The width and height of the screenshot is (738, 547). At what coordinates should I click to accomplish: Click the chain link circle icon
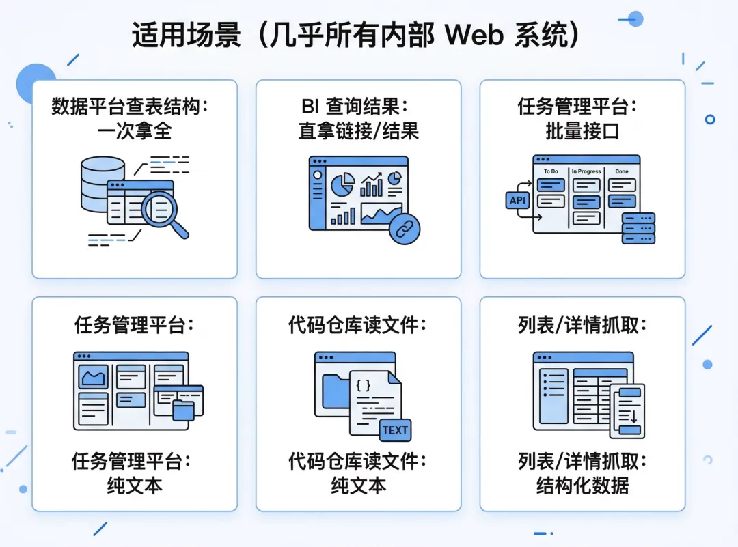[x=404, y=229]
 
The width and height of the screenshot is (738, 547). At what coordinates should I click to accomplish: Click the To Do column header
[x=551, y=172]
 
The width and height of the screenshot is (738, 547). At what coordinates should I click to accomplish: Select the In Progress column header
[x=586, y=172]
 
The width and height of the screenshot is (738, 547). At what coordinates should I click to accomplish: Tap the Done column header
[x=622, y=172]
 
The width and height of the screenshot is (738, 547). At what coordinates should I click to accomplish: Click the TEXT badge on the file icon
[x=395, y=430]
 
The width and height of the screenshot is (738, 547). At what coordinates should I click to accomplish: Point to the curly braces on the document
[x=364, y=385]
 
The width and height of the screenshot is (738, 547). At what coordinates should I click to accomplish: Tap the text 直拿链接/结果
[x=359, y=130]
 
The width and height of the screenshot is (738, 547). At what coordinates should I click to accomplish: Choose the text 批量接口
[x=582, y=130]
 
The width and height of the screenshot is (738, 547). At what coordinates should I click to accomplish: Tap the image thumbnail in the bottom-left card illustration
[x=94, y=376]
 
